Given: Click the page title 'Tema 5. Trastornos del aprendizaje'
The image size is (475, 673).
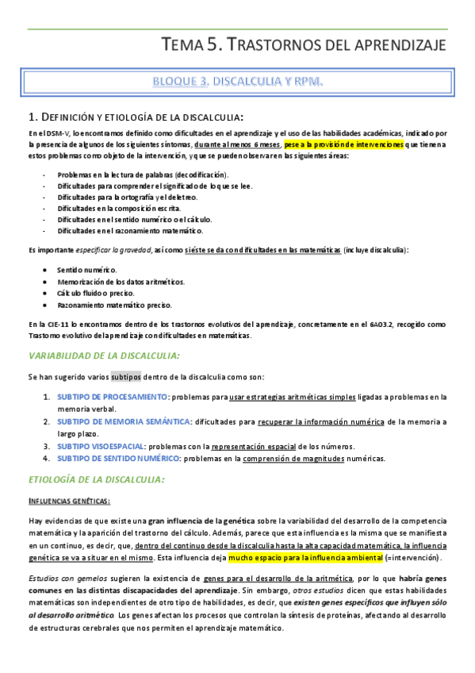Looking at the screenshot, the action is [304, 44].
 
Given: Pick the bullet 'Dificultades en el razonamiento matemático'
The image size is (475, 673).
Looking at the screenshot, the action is [130, 230].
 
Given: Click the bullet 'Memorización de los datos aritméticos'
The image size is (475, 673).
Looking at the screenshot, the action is [121, 282].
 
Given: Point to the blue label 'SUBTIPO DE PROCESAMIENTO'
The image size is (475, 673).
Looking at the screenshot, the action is [112, 397].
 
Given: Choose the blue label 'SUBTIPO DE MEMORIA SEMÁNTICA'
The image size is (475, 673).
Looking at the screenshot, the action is [123, 421].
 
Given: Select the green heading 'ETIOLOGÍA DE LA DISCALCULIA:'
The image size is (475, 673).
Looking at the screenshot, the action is [96, 479].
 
